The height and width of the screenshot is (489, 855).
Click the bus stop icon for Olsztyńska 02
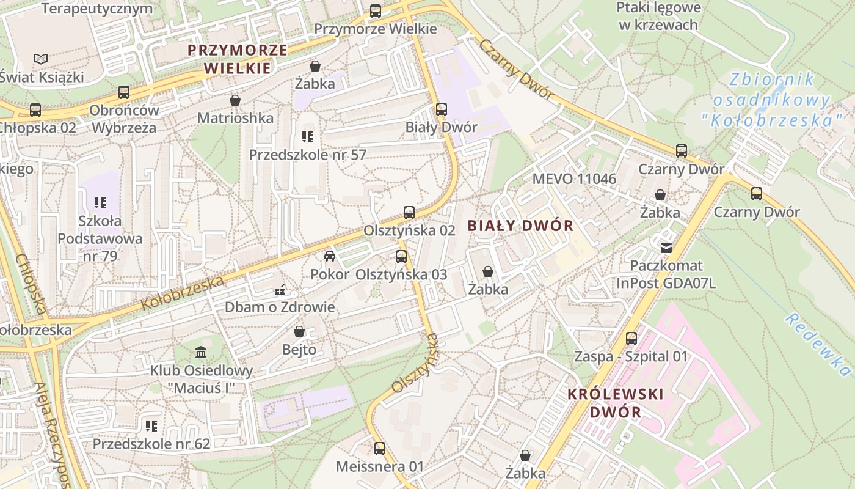click(x=409, y=213)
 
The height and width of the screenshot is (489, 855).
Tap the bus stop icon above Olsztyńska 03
click(x=401, y=257)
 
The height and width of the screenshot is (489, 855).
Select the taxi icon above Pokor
click(x=330, y=256)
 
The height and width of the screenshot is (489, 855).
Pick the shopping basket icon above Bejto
click(x=299, y=332)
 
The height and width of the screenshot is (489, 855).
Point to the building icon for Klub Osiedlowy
click(x=201, y=353)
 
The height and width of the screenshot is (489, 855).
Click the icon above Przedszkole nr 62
click(x=151, y=426)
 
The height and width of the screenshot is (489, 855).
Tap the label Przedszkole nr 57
click(x=307, y=155)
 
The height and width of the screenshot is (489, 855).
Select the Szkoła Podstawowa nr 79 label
click(x=100, y=238)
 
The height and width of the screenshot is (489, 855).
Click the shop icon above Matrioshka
click(x=235, y=100)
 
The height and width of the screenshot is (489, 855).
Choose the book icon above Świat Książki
click(x=41, y=59)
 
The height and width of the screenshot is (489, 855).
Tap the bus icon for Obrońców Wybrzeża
click(x=124, y=92)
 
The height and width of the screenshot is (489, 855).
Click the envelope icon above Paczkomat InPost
click(x=666, y=248)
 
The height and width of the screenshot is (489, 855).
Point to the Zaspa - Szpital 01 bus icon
click(x=631, y=338)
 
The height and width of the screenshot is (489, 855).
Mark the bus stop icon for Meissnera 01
click(x=380, y=449)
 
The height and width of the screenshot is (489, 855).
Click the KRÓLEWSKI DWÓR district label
click(x=615, y=403)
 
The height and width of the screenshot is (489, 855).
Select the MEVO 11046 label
click(x=574, y=179)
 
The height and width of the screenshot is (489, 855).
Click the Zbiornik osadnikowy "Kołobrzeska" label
click(x=773, y=100)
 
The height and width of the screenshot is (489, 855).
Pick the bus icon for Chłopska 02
click(x=35, y=110)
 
